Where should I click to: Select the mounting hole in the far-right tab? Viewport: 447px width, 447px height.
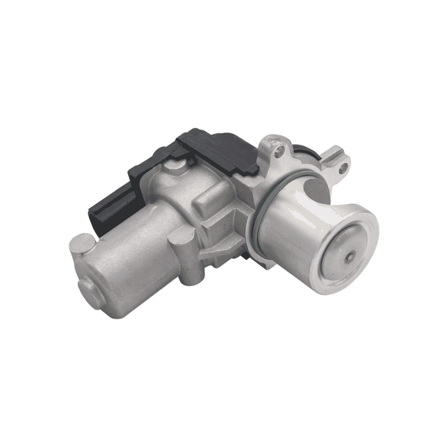coord(343,169)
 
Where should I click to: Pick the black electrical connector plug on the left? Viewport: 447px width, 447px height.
coord(107,210)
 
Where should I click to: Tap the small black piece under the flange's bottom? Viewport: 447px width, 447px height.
coord(247,255)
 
